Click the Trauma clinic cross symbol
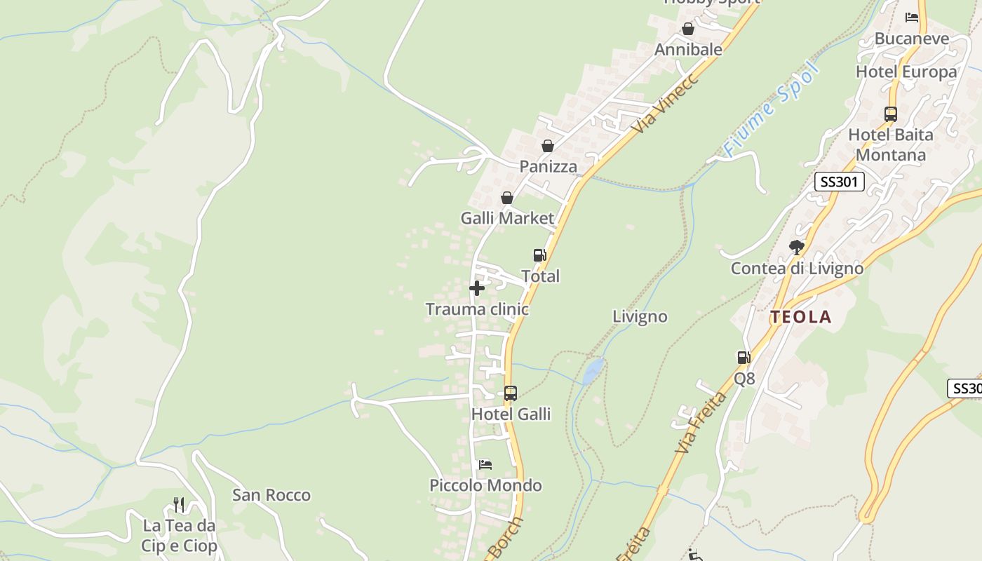point(477,288)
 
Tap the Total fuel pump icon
point(539,255)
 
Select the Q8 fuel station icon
point(744,358)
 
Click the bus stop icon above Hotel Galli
point(511,393)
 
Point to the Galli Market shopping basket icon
point(507,198)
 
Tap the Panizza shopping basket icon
point(548,146)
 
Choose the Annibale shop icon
point(688,29)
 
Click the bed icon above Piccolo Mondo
point(485,464)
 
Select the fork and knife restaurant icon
point(179,505)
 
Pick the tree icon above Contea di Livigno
point(796,247)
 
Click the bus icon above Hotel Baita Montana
point(891,114)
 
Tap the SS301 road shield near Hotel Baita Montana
point(839,182)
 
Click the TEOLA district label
point(801,317)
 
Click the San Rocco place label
point(271,495)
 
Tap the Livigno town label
point(640,316)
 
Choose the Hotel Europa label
point(906,72)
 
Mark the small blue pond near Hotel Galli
point(593,370)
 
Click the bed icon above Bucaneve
point(912,18)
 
